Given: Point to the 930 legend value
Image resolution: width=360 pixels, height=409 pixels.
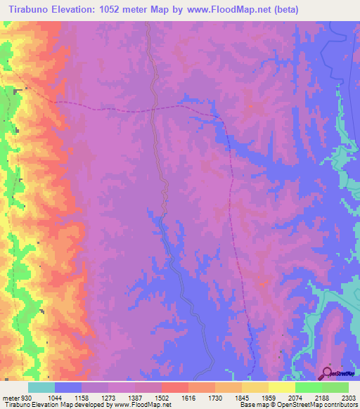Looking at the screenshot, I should coord(27,398).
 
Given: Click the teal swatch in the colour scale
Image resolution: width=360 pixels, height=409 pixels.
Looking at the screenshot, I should coord(41,387).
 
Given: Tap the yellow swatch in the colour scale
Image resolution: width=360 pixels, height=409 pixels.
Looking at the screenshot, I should coord(281,387).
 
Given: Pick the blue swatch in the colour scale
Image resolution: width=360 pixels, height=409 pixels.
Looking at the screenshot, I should coord(68,387).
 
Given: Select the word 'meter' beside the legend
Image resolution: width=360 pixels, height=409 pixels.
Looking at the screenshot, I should coord(9,398).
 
